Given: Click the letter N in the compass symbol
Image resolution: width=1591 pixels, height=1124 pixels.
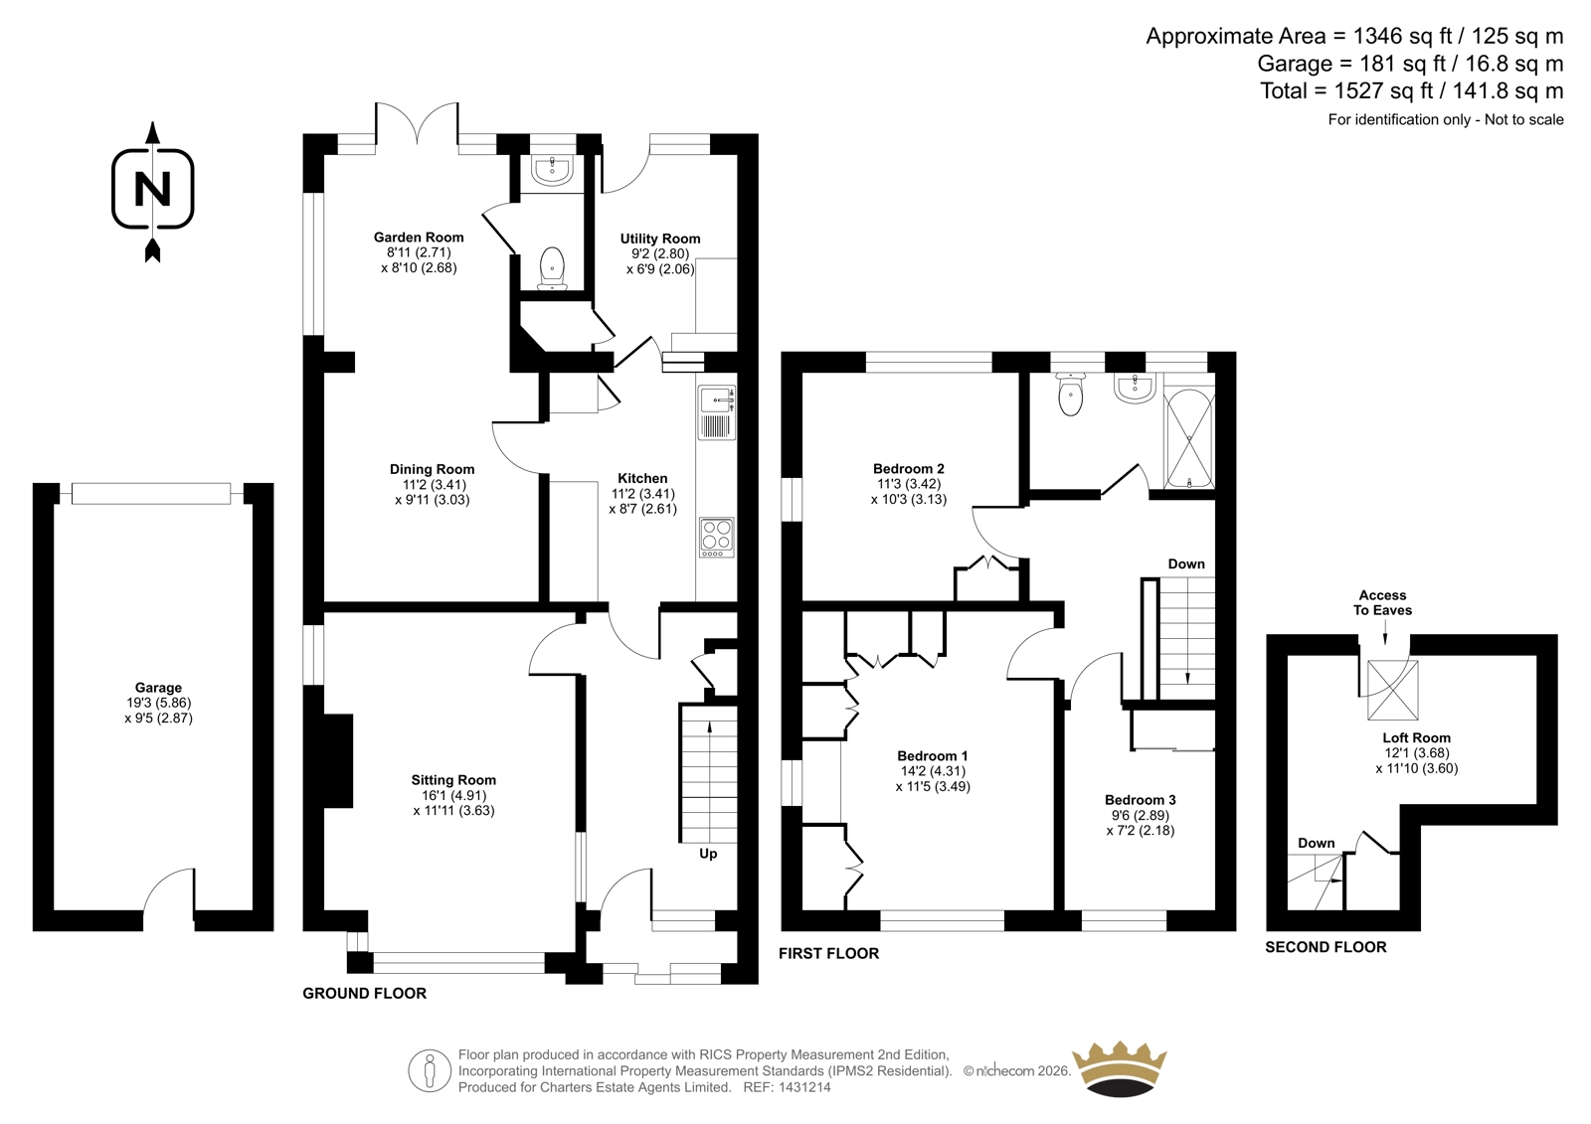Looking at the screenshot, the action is pos(153,189).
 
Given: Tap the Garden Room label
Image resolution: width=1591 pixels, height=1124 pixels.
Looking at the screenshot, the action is pos(419,238).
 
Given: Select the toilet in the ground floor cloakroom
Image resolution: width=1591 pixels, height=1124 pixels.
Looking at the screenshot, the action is pos(552,268).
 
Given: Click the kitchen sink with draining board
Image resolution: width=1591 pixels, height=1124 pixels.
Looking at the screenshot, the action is pos(717,412).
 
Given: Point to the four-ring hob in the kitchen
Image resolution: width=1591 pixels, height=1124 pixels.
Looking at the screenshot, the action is pos(717,538).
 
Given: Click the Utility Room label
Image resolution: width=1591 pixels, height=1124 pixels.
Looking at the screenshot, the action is pos(660,239).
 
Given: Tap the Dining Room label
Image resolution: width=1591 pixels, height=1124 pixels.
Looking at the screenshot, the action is pos(432,469).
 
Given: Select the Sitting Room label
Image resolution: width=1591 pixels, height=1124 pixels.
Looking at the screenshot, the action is pos(453,779).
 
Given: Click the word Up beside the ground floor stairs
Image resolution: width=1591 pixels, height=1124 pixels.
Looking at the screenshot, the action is pos(708,854).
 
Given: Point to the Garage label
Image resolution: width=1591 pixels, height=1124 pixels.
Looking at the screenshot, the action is pos(158,688).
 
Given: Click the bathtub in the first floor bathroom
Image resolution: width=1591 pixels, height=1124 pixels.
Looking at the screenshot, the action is pos(1189,439).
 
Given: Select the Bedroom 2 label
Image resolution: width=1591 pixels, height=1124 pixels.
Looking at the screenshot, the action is pos(909,469).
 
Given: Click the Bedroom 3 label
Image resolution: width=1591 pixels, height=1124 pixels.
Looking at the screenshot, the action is pos(1140,800).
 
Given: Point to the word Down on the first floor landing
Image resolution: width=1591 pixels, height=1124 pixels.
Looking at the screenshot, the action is pos(1186,563).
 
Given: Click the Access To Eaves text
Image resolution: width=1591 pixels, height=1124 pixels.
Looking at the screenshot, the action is pos(1382,603).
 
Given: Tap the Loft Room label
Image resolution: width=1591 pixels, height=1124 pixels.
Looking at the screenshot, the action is pos(1416,737).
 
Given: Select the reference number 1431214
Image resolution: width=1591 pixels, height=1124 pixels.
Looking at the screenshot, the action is pos(803,1087).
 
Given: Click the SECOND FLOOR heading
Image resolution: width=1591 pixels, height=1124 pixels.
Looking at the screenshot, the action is pos(1326,947).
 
